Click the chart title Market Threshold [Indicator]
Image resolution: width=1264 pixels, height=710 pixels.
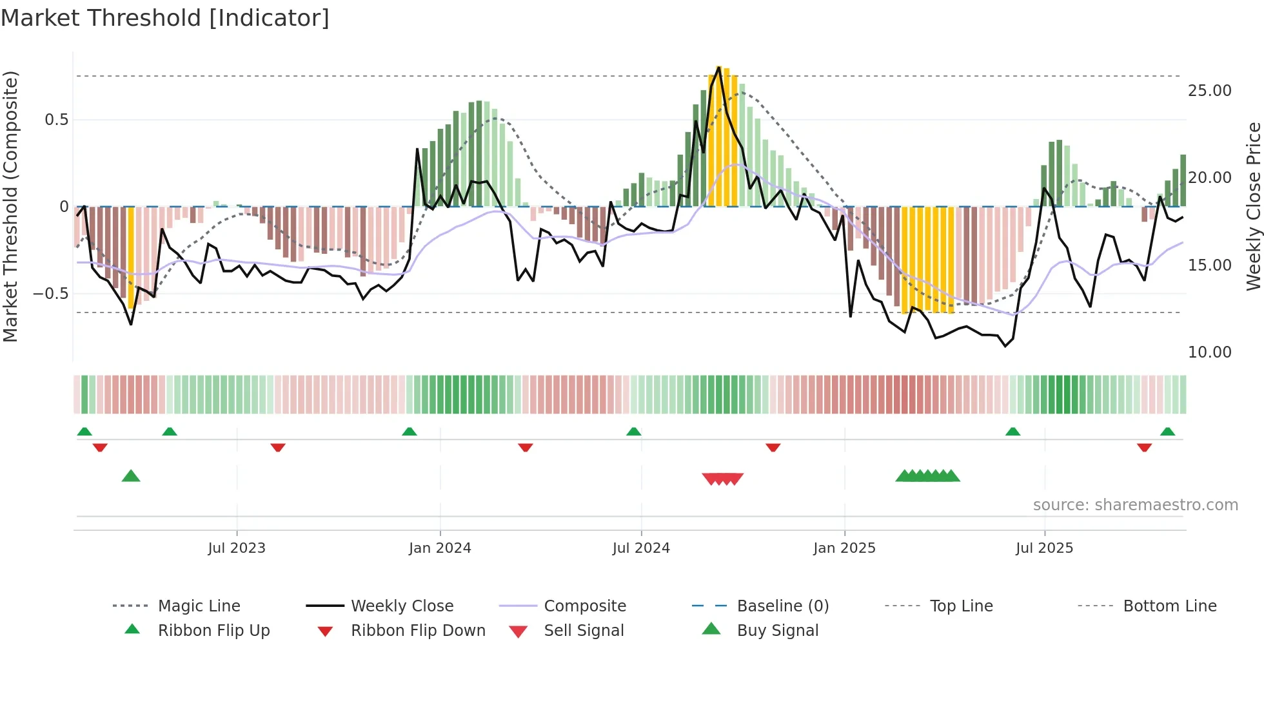click(x=165, y=18)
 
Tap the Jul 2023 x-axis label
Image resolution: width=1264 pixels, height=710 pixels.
click(x=237, y=548)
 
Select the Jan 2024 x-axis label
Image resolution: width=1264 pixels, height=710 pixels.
click(x=440, y=548)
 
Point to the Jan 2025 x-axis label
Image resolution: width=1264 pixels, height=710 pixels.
click(x=844, y=548)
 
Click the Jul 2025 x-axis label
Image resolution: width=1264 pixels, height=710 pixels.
click(x=1044, y=548)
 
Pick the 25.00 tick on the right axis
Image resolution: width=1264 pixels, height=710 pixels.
click(x=1209, y=91)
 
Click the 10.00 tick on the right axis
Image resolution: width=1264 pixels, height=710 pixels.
click(x=1209, y=352)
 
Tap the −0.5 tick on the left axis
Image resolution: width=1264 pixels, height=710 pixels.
click(x=50, y=294)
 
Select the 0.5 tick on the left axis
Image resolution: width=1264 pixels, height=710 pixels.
click(x=56, y=120)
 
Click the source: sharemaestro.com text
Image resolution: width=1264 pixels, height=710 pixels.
click(x=1135, y=505)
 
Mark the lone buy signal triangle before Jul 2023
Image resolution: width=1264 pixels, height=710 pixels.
click(x=131, y=476)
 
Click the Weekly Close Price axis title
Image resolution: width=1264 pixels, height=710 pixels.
click(x=1253, y=206)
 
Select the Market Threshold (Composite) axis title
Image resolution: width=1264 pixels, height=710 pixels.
click(x=10, y=206)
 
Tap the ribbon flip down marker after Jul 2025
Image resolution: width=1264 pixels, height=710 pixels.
click(x=1144, y=447)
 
